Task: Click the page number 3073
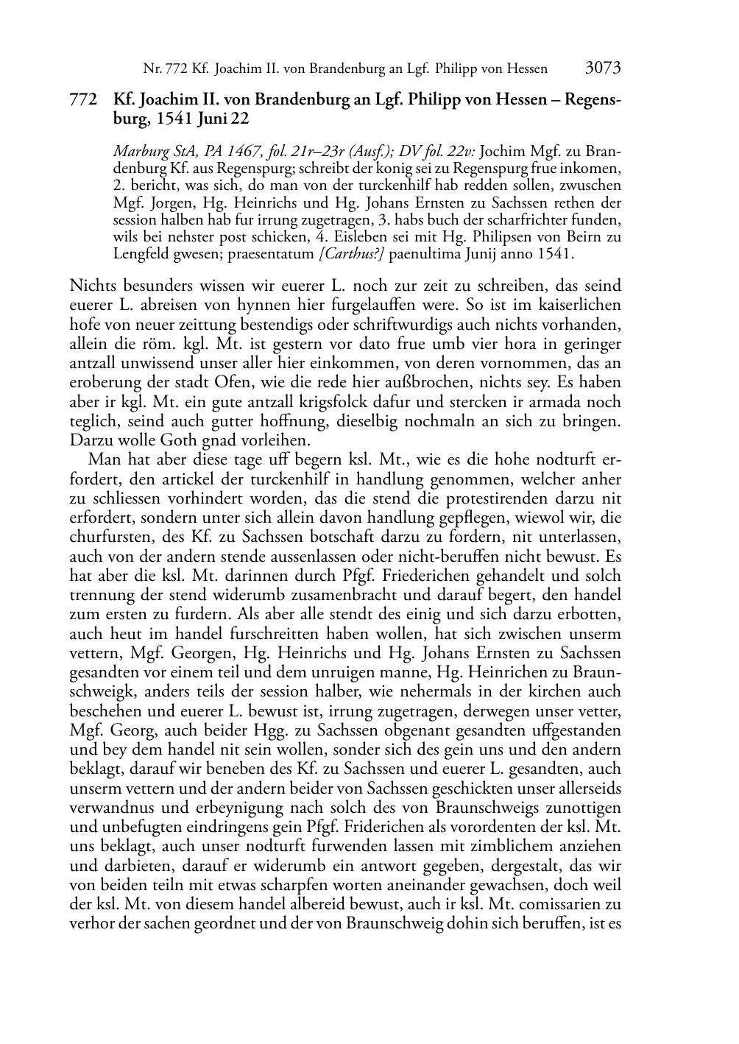point(603,68)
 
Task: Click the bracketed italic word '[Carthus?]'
point(353,254)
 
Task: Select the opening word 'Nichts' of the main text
point(91,286)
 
